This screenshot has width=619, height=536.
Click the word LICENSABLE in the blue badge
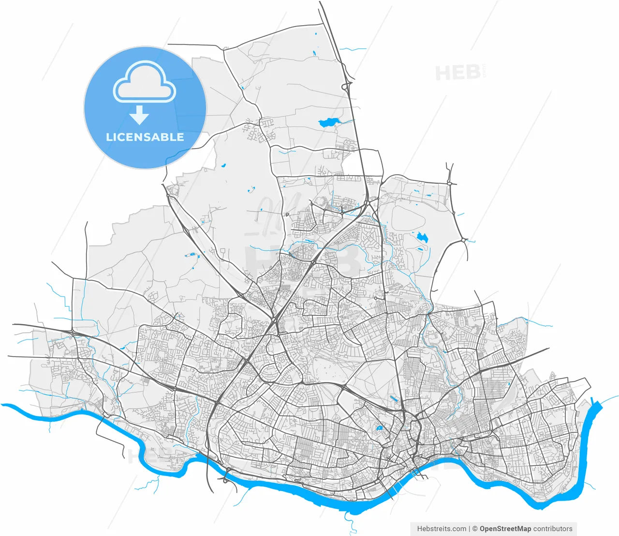click(145, 137)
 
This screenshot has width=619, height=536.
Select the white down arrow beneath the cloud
click(139, 115)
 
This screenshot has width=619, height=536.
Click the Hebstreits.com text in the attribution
click(442, 529)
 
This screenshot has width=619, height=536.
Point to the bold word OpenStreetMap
click(505, 529)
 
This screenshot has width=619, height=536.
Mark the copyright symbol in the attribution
click(475, 529)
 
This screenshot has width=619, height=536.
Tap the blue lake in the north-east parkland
click(422, 237)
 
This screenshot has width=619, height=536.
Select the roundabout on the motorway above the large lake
click(346, 87)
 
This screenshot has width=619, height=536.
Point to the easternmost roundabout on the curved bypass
click(463, 240)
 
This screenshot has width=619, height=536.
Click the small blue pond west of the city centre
click(379, 428)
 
